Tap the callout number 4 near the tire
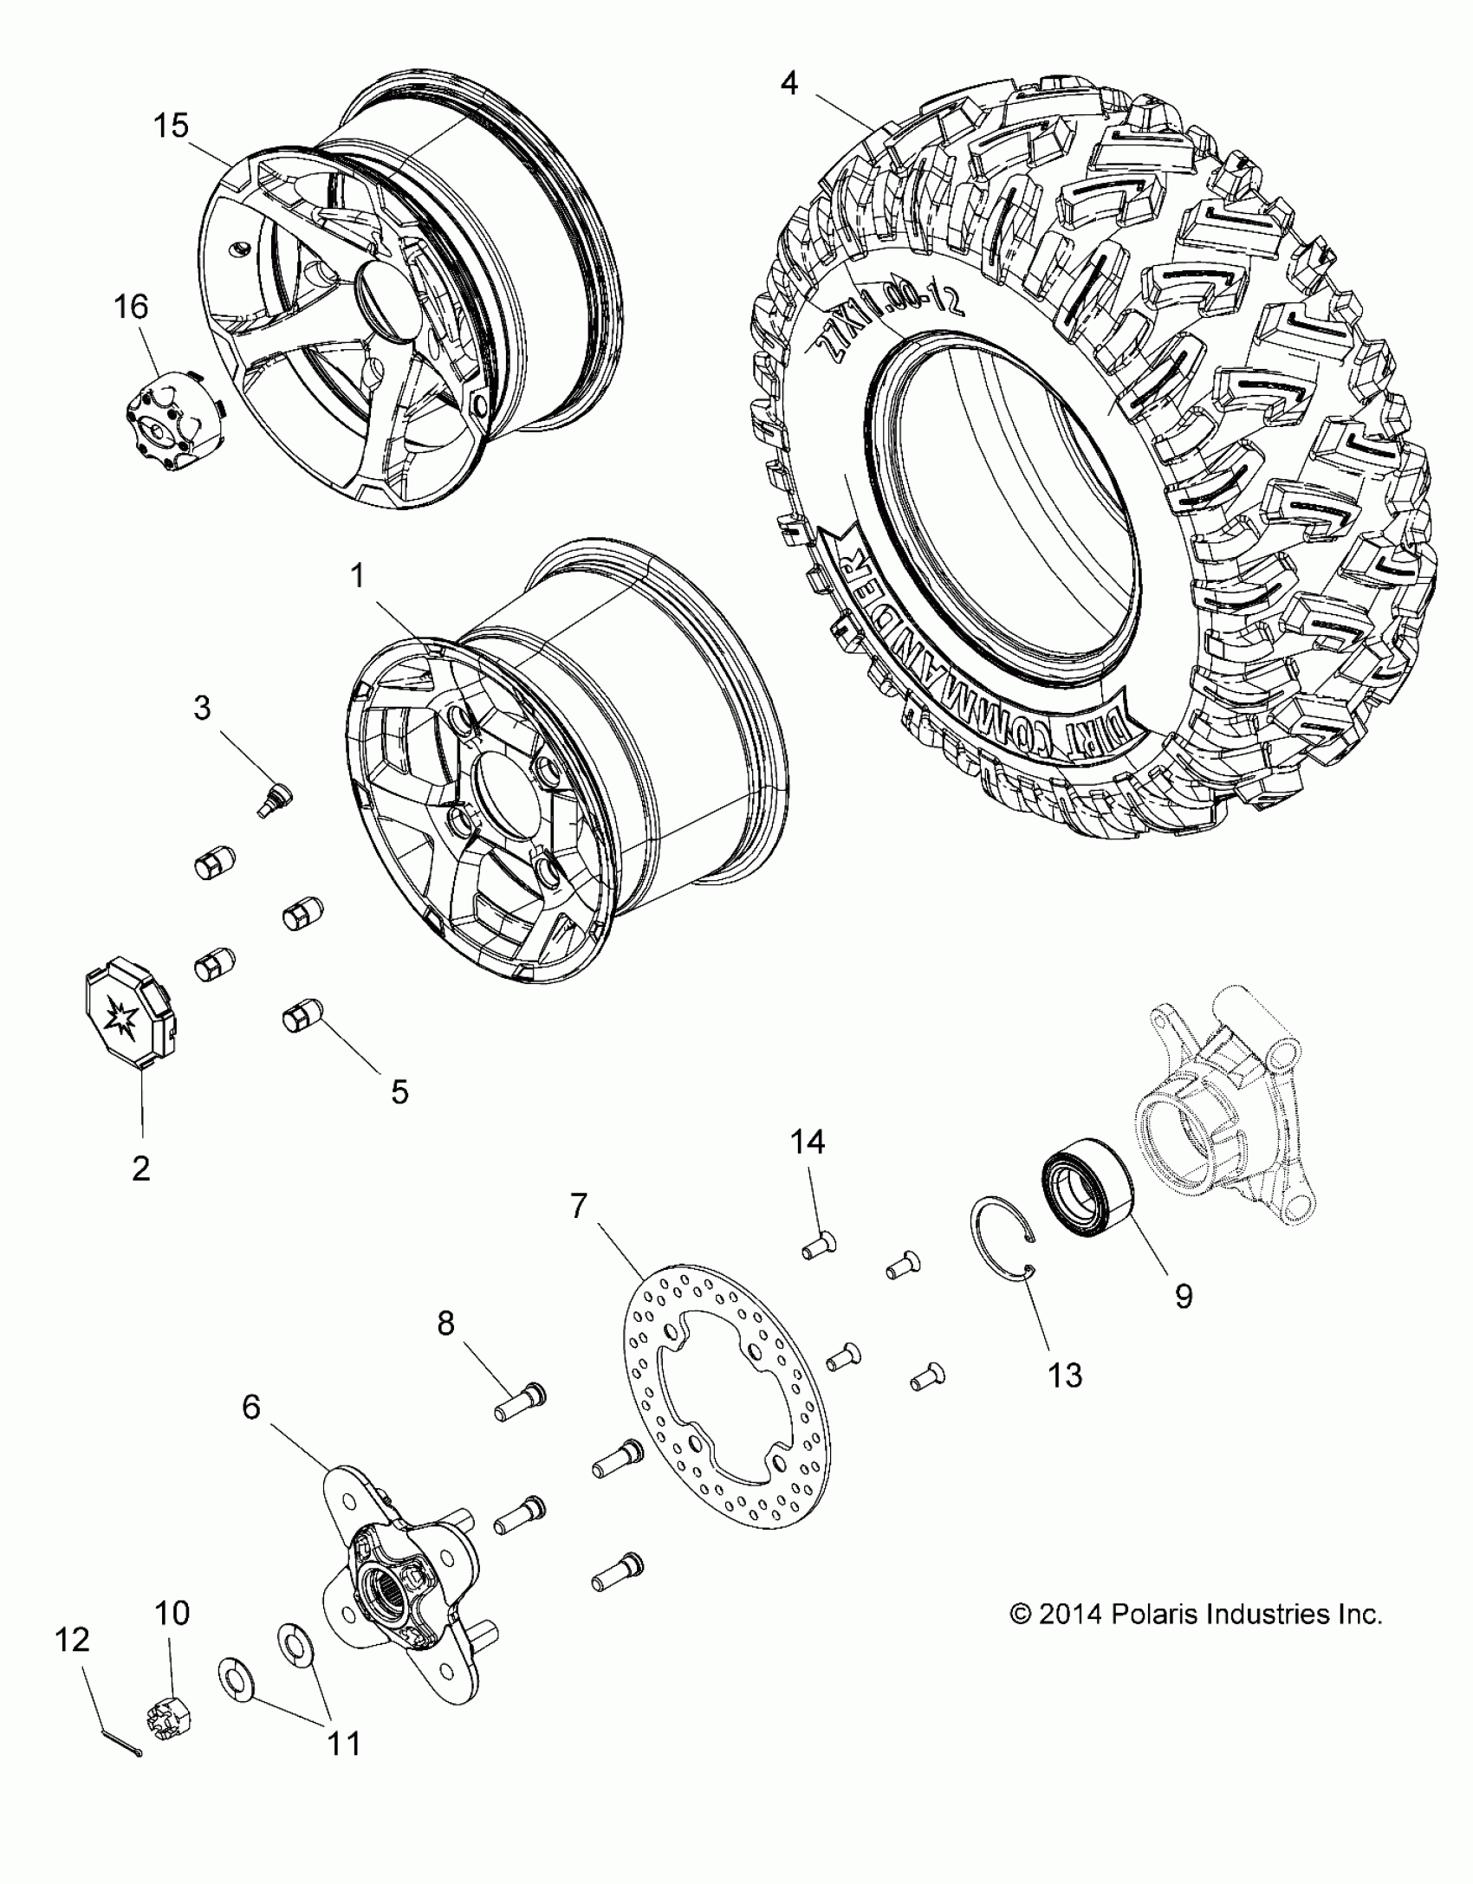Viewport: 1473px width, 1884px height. tap(788, 83)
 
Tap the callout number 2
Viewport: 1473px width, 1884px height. tap(141, 1169)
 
